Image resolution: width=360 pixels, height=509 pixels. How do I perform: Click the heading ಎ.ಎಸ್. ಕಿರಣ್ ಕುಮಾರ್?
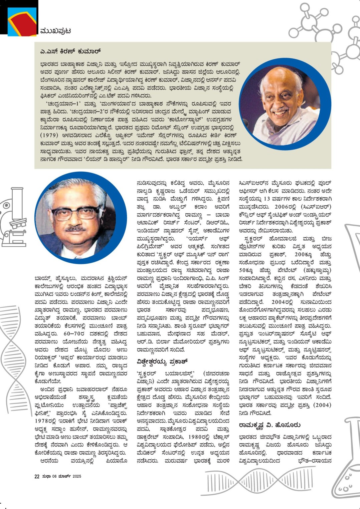(x=70, y=51)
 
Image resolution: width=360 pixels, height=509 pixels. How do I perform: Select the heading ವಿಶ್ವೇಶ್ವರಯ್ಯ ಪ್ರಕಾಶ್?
(x=163, y=361)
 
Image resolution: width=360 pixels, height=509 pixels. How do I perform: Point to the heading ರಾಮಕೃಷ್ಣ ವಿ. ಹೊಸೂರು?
(x=270, y=425)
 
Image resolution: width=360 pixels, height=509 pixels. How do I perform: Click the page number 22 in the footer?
(x=37, y=477)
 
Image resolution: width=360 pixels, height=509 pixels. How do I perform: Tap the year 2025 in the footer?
(x=77, y=477)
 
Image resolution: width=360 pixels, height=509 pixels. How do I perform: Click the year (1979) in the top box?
(x=49, y=136)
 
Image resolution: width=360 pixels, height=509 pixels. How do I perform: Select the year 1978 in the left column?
(x=43, y=421)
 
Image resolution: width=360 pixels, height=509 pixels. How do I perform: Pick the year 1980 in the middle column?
(x=195, y=437)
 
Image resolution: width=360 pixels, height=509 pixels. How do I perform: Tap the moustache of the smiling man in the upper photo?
(x=280, y=109)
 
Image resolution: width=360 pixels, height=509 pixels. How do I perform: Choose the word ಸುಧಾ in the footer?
(x=46, y=477)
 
